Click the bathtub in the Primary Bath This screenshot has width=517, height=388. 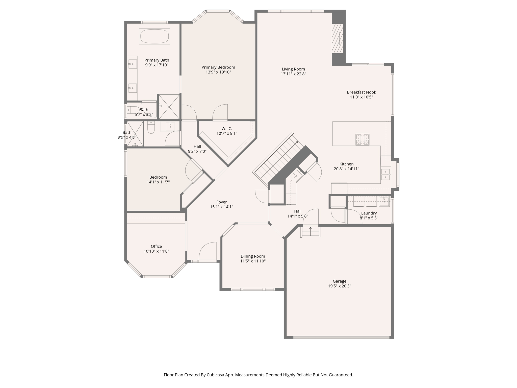[154, 36]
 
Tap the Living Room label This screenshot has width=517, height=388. [293, 69]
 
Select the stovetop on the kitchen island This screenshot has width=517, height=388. [362, 139]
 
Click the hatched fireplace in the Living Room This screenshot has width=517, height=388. [337, 38]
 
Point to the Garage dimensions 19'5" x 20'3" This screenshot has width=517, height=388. [339, 286]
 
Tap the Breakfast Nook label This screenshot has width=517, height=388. [361, 92]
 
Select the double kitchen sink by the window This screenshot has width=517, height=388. [385, 174]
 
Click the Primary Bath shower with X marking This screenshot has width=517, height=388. [169, 107]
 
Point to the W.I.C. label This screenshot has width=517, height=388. [227, 129]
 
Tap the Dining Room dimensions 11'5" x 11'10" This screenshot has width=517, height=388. [253, 261]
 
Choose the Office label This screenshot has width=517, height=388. [156, 247]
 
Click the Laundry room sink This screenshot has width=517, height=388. [384, 202]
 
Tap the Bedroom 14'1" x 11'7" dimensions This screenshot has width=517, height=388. [158, 182]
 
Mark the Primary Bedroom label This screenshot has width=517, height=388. [218, 67]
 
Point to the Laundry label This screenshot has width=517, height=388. [369, 213]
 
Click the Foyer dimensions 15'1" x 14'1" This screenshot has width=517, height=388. [221, 207]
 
